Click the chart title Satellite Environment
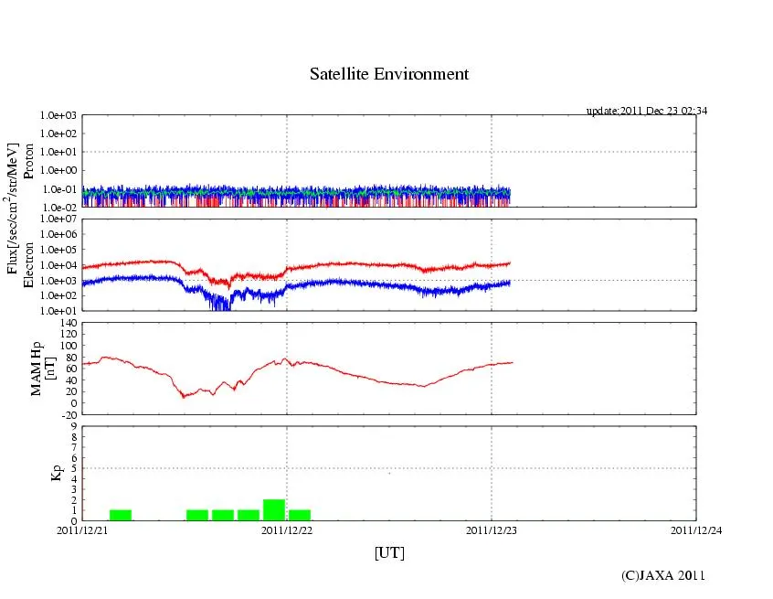(389, 74)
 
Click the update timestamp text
(646, 111)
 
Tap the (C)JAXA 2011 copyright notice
(662, 575)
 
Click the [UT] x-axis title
(389, 552)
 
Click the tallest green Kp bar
(274, 509)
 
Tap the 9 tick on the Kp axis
(74, 426)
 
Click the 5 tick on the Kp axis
(74, 468)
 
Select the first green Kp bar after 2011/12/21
(121, 515)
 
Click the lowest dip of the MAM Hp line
(184, 396)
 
